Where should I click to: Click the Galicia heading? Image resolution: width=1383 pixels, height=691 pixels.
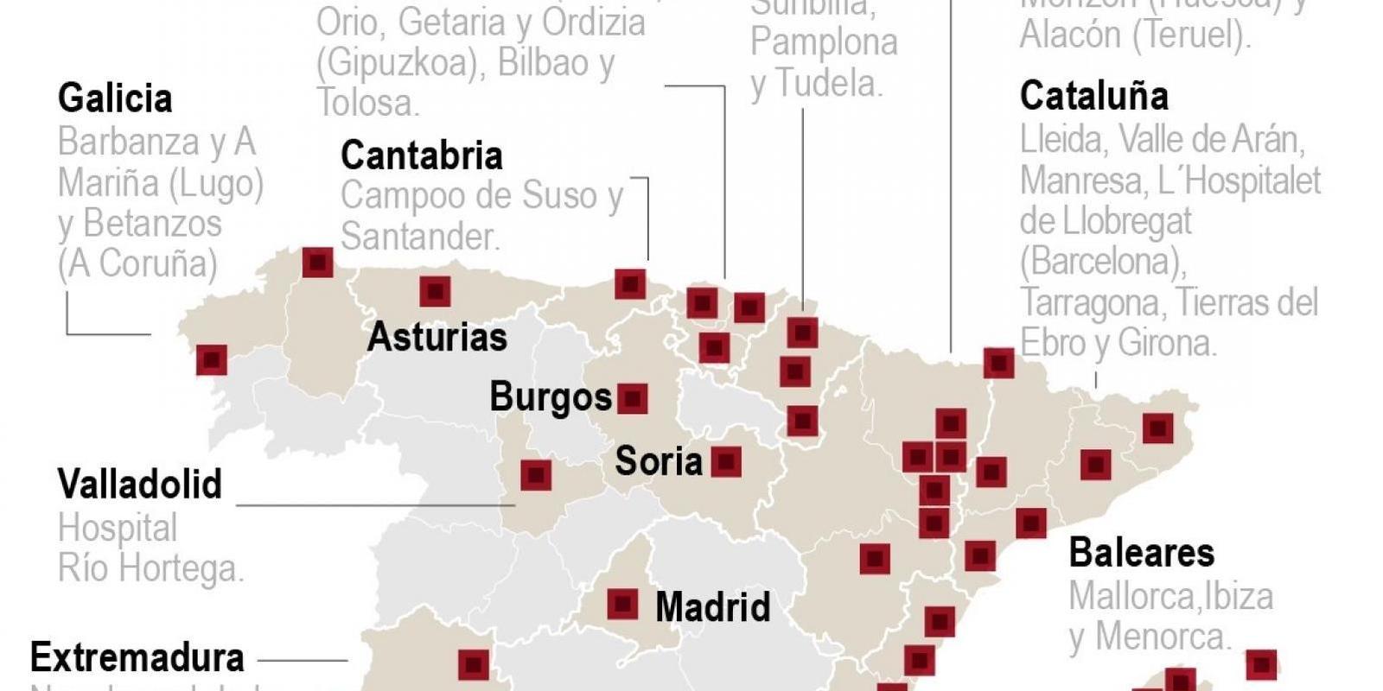(x=115, y=98)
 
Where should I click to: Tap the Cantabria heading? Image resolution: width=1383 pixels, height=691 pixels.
(x=421, y=155)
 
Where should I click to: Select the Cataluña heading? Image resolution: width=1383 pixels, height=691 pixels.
(x=1093, y=95)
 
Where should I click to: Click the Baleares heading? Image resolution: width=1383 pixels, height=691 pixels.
(x=1141, y=552)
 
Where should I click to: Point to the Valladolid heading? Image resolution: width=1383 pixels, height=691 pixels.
(x=139, y=484)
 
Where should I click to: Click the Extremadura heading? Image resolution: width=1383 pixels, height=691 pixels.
(x=137, y=658)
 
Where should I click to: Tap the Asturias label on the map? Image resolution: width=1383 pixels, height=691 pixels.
(x=437, y=337)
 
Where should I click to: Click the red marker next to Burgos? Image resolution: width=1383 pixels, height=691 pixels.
(x=633, y=399)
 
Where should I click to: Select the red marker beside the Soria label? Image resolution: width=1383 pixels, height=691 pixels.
(x=725, y=462)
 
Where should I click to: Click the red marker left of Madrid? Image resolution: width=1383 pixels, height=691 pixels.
(x=622, y=604)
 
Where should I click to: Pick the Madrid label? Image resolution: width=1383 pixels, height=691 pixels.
(x=712, y=606)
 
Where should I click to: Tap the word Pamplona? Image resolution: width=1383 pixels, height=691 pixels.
(x=824, y=42)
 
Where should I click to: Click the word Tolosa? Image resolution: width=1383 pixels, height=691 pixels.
(x=366, y=103)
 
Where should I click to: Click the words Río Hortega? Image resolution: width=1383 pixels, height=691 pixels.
(x=150, y=568)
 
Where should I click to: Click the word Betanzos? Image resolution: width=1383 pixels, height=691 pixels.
(x=152, y=223)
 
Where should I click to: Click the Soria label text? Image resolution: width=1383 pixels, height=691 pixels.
(x=658, y=461)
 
